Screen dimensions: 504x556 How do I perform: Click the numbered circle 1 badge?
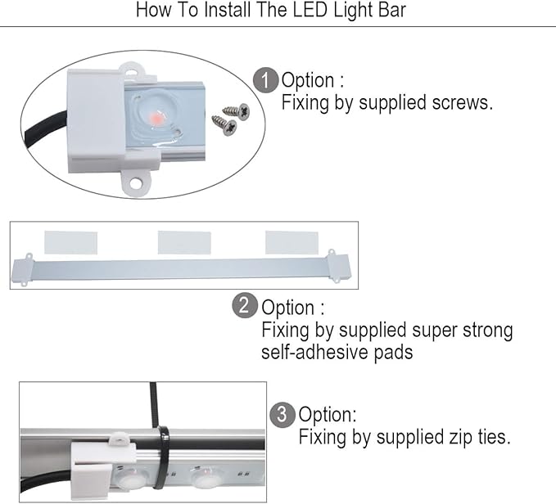click(x=265, y=81)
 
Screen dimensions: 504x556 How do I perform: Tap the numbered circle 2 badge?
click(x=245, y=307)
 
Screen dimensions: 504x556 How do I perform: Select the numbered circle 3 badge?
click(x=282, y=414)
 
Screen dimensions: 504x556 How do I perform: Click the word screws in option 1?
click(x=465, y=103)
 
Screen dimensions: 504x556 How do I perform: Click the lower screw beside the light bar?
click(x=223, y=125)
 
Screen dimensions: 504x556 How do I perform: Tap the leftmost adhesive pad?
click(x=70, y=242)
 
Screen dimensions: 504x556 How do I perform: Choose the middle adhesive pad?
click(x=184, y=242)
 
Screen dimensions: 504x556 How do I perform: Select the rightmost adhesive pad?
click(x=292, y=242)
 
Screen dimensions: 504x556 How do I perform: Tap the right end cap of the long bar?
click(x=337, y=266)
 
